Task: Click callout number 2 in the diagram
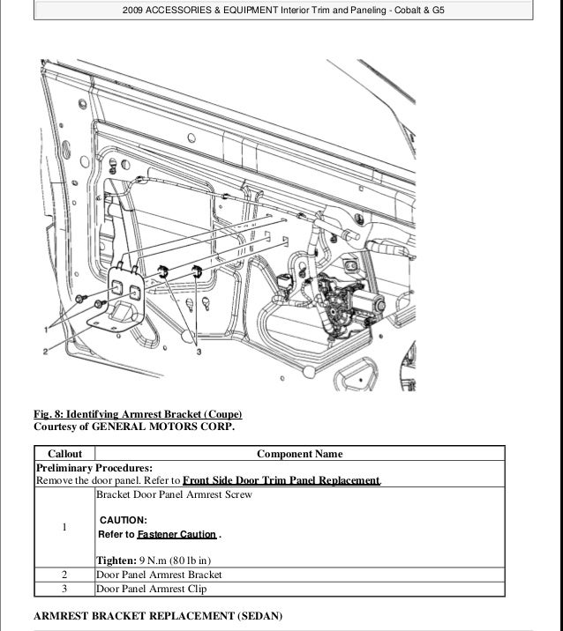(x=44, y=352)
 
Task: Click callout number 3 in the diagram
(x=199, y=351)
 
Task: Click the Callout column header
(x=64, y=454)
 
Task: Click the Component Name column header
(x=299, y=454)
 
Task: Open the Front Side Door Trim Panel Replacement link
(x=281, y=480)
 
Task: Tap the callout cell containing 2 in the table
(x=64, y=575)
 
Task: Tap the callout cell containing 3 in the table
(x=64, y=588)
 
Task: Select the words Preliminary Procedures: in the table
(x=94, y=468)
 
